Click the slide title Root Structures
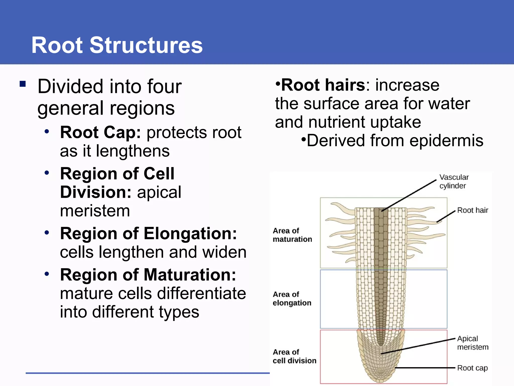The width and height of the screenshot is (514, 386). coord(117,45)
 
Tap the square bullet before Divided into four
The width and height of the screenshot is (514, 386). coord(23,84)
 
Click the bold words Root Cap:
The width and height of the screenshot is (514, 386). coord(100,132)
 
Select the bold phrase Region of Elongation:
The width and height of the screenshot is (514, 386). coord(148,234)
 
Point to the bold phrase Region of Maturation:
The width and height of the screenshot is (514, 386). coord(148,275)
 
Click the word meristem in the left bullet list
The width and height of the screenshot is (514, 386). coord(95,211)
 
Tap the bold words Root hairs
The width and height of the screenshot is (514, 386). coord(323,85)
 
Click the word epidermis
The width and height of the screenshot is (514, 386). coord(446,140)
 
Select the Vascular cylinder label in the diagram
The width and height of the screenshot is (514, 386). coord(454,181)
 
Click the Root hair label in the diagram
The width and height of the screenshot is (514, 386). coord(472,210)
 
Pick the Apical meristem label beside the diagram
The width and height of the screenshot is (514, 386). coord(472,343)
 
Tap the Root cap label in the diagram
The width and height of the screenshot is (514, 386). coord(472,368)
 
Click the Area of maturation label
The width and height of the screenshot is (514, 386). coord(292,235)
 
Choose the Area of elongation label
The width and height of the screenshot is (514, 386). coord(292,299)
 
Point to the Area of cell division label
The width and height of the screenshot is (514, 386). coord(294,356)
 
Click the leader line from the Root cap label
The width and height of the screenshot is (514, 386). coord(427,368)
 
